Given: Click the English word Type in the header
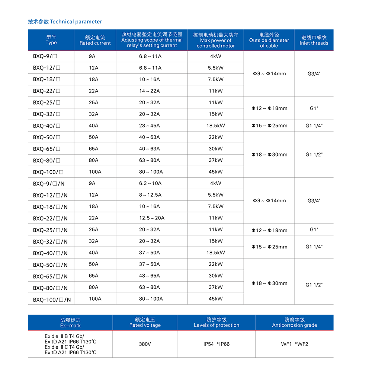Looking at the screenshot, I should [51, 43].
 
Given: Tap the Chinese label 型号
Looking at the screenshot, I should [51, 37].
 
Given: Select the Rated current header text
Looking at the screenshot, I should [95, 43].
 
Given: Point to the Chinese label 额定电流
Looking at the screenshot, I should [95, 38].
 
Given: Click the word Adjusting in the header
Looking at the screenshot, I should [132, 40].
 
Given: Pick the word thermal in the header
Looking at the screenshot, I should [173, 40].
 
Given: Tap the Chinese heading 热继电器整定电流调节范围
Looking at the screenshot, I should [152, 34].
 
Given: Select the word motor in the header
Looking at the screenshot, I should [228, 46].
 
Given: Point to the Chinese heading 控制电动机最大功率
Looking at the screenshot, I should [216, 35].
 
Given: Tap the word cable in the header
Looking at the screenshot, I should [272, 46].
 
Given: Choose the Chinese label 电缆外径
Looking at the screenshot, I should [269, 35].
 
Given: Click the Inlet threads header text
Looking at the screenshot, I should [314, 43].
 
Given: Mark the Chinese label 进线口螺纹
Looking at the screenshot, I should [314, 38].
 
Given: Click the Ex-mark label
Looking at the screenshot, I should [70, 326].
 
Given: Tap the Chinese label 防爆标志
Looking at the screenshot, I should [70, 320].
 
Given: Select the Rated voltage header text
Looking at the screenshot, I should [145, 325].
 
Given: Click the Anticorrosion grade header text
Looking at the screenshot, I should [295, 325].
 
